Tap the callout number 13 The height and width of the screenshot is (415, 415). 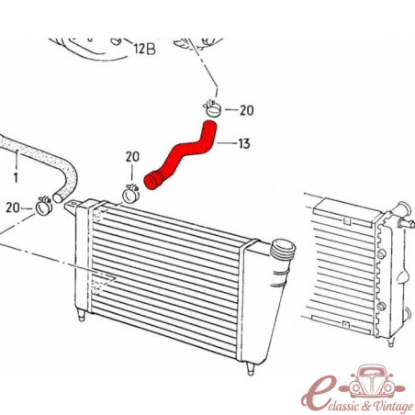[x=244, y=143]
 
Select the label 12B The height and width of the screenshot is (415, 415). [x=145, y=49]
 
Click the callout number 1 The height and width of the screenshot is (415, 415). [x=16, y=177]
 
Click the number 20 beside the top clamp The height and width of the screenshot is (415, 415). [x=247, y=110]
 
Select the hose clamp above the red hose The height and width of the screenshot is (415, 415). [x=212, y=108]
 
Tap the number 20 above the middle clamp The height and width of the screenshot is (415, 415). [x=132, y=157]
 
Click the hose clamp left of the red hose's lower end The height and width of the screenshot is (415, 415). [x=131, y=194]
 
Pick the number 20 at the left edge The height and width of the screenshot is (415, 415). [x=13, y=207]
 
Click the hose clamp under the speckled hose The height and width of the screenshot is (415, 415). [x=44, y=206]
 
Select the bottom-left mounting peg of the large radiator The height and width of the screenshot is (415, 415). [x=81, y=315]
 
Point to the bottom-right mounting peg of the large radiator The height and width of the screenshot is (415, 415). [x=251, y=369]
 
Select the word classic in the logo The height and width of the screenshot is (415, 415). [x=341, y=406]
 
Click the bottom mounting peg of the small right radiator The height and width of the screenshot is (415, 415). [x=390, y=341]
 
